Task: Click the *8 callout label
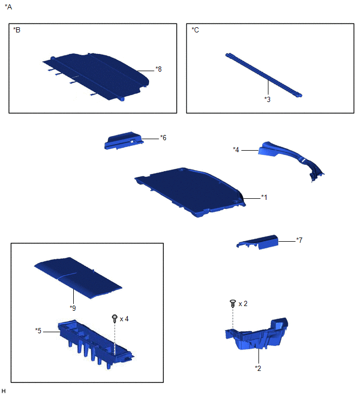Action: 159,69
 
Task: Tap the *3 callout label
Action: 267,99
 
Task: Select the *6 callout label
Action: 163,138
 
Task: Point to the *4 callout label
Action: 236,150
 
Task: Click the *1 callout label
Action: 264,197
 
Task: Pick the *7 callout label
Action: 299,240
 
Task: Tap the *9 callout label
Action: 73,308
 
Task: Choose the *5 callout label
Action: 38,331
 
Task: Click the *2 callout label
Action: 258,368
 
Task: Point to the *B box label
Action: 17,30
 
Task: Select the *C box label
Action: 195,30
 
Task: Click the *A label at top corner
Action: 8,7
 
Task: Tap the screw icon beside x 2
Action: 233,303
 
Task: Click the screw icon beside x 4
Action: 115,319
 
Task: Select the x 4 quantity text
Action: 124,319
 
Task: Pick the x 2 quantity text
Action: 243,304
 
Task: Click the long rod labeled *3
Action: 264,75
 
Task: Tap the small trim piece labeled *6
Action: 124,141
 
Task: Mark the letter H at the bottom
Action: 3,391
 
